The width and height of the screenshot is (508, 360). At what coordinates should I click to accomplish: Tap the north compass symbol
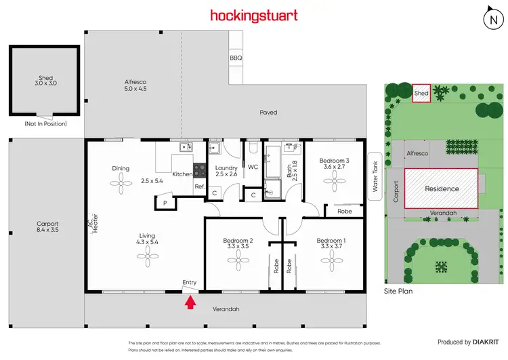[491, 20]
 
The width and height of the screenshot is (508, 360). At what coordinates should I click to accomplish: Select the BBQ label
[236, 58]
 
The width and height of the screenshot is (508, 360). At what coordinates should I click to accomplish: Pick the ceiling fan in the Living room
[148, 254]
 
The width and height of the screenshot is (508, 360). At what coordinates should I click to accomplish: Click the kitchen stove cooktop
[200, 170]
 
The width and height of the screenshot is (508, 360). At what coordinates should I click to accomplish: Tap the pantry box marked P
[164, 202]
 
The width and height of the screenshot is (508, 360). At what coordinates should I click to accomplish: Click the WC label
[253, 167]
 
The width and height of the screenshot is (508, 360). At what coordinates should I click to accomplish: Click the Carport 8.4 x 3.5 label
[47, 226]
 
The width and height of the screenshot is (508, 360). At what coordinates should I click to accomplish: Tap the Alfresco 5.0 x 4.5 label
[135, 85]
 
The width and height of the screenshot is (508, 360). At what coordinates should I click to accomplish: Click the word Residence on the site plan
[442, 188]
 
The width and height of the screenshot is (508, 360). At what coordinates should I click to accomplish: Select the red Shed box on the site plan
[421, 94]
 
